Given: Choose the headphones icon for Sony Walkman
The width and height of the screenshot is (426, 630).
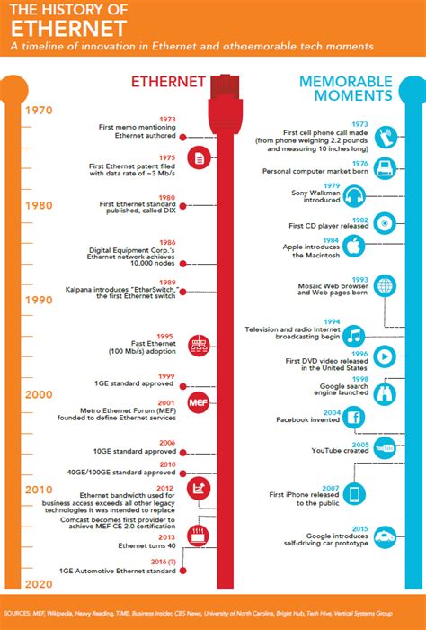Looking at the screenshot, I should (x=381, y=196).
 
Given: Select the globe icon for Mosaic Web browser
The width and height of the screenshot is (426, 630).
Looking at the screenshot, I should (x=385, y=286).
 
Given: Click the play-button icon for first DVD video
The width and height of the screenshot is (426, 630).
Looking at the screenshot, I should (x=383, y=356).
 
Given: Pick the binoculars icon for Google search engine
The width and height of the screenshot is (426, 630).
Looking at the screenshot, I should (x=382, y=390).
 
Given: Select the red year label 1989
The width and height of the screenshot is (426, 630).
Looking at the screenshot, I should (x=167, y=281).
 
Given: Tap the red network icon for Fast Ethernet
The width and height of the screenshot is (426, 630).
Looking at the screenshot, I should (x=198, y=346).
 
